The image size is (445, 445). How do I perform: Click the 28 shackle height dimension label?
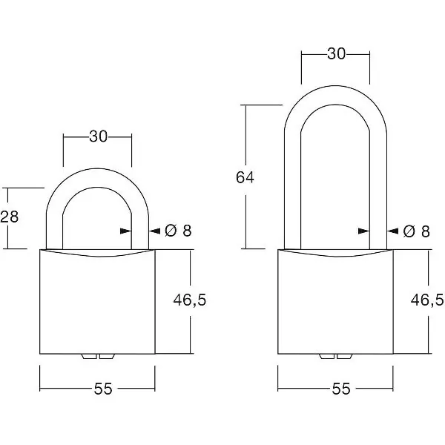(x=9, y=217)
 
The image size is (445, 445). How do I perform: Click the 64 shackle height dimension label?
(x=245, y=177)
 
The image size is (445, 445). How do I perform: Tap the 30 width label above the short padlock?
(x=99, y=136)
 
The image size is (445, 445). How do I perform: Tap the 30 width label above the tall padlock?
(x=336, y=53)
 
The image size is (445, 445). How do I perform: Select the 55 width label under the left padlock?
(x=103, y=389)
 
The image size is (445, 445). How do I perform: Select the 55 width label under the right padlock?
(x=341, y=389)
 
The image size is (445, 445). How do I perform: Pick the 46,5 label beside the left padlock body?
(x=190, y=300)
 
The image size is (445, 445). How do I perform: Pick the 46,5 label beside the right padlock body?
(x=427, y=300)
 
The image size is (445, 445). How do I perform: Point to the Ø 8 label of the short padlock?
(x=178, y=231)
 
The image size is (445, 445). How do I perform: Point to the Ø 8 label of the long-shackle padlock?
(x=416, y=231)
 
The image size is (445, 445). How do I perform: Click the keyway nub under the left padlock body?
(x=98, y=357)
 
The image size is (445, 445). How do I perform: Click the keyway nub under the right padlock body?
(x=336, y=357)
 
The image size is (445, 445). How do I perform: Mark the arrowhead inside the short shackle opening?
(x=126, y=231)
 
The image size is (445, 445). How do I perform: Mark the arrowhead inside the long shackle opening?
(x=364, y=231)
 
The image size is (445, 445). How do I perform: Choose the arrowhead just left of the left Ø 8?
(x=155, y=231)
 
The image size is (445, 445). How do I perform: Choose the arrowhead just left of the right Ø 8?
(x=393, y=231)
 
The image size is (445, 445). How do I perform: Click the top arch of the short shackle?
(x=97, y=178)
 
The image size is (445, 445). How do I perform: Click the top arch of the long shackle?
(x=335, y=95)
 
